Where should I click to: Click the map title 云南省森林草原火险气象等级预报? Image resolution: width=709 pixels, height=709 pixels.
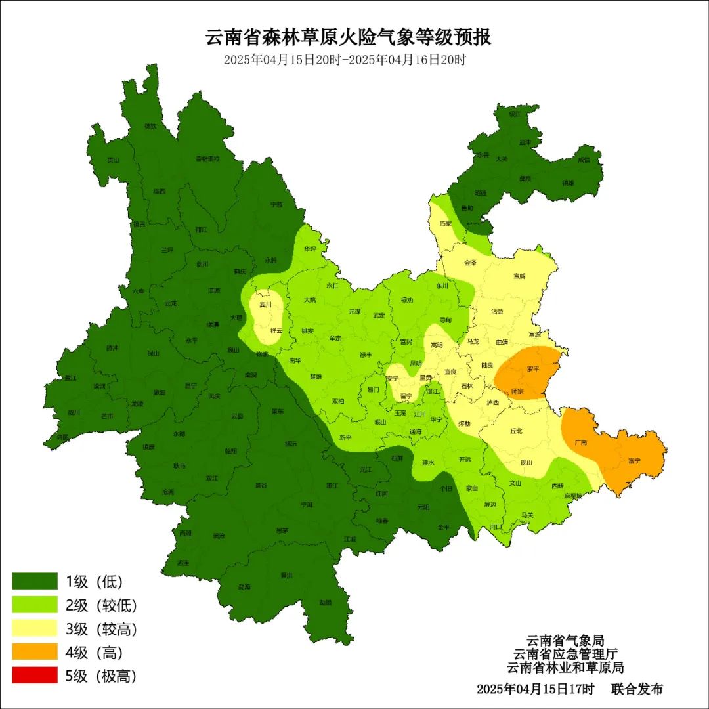(x=349, y=37)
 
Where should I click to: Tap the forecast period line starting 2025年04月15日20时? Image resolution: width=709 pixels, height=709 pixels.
(x=345, y=60)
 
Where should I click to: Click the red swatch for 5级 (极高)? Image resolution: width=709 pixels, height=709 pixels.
(x=35, y=676)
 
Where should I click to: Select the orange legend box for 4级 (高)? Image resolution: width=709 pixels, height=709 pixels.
(x=35, y=653)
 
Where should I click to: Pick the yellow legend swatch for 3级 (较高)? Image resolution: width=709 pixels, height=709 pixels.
(x=35, y=629)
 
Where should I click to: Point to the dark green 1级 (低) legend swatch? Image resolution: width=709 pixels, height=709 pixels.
(x=35, y=581)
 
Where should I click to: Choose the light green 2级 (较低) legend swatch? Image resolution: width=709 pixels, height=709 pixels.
(x=35, y=605)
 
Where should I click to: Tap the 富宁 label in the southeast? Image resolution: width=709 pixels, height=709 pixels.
(x=634, y=461)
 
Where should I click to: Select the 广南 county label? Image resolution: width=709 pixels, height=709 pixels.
(x=580, y=442)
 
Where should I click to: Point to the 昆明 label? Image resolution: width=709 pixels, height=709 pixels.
(x=416, y=363)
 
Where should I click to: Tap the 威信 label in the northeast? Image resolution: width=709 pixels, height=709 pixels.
(x=584, y=160)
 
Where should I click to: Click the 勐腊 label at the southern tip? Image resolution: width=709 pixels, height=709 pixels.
(x=325, y=602)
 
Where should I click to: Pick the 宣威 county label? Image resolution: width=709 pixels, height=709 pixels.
(x=519, y=276)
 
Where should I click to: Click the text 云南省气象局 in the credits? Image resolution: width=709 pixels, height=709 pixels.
(x=565, y=640)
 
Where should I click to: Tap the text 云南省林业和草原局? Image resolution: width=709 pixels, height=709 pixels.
(x=565, y=668)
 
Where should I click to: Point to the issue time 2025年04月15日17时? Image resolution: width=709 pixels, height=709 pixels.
(x=535, y=689)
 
